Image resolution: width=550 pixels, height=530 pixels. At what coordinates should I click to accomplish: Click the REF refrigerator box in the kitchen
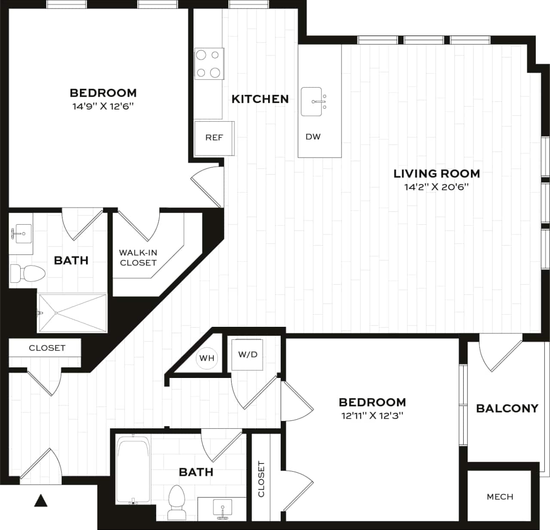click(214, 138)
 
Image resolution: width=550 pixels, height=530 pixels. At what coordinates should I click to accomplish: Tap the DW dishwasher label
click(313, 137)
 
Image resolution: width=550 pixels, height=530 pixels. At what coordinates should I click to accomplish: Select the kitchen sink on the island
click(312, 102)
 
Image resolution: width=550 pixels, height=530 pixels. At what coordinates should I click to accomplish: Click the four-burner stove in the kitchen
click(208, 64)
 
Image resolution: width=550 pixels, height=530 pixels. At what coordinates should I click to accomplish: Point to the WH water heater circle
click(207, 358)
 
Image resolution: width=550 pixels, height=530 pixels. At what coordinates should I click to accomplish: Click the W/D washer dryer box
click(247, 355)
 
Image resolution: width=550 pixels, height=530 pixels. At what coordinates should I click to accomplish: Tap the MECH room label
click(500, 497)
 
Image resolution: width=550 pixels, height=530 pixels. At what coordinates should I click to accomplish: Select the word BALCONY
click(507, 408)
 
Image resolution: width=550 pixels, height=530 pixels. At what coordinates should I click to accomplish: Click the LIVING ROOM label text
click(437, 174)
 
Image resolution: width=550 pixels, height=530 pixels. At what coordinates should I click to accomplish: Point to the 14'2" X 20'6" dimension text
click(436, 187)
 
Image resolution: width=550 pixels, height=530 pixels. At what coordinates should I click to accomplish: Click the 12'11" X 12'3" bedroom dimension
click(372, 416)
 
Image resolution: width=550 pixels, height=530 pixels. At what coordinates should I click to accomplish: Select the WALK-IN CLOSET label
click(138, 258)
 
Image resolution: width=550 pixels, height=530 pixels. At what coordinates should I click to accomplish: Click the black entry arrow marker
click(40, 500)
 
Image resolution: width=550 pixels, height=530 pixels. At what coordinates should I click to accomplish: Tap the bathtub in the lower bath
click(133, 469)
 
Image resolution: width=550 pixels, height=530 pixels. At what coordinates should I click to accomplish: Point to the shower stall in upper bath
click(73, 313)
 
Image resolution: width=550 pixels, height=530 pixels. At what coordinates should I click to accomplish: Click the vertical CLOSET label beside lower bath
click(261, 479)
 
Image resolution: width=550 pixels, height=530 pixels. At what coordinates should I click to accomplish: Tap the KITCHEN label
click(260, 99)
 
